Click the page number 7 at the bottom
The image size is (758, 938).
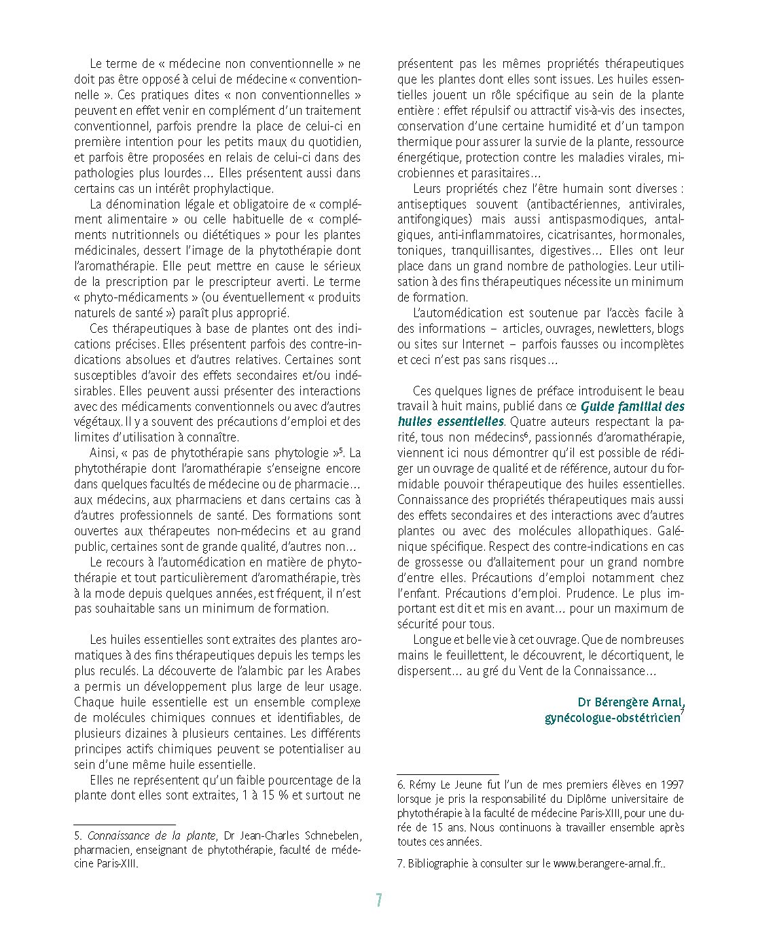(x=379, y=901)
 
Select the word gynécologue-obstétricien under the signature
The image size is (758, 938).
(x=612, y=717)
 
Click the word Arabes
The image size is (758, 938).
(x=342, y=671)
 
